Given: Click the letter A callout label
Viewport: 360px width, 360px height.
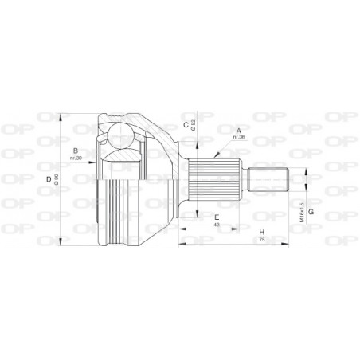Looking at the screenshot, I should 237,129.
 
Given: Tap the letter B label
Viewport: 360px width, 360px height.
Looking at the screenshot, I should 75,151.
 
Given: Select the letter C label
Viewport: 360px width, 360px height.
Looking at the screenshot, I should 185,124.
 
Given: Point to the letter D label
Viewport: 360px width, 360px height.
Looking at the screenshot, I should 49,180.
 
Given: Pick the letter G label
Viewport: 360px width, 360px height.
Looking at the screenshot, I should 311,211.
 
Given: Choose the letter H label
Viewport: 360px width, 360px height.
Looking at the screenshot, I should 262,232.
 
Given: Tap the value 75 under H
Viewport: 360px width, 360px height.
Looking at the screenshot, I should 262,240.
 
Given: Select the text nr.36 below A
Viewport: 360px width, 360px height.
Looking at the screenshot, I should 237,137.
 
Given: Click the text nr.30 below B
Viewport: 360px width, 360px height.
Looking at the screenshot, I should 75,158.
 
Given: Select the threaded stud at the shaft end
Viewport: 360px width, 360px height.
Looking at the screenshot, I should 268,178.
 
